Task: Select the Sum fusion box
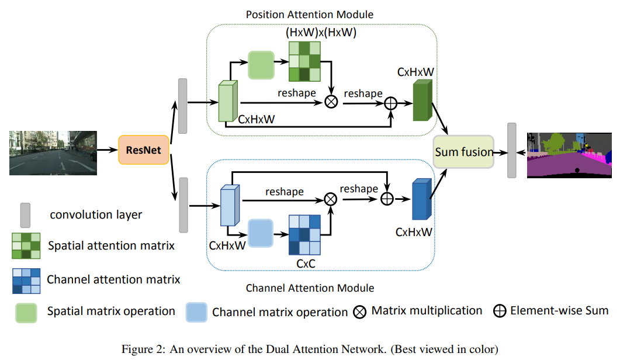463,152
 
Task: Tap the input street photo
53,153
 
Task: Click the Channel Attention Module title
310,288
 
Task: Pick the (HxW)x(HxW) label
321,33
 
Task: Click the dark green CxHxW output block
421,101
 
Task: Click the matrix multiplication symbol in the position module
331,102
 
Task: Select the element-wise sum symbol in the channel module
387,199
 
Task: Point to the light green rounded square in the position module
261,64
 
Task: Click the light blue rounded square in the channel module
261,232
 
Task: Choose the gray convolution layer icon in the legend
26,214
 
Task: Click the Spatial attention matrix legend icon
27,245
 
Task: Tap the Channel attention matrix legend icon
27,280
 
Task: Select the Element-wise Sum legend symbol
500,311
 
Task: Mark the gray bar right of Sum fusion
512,150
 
